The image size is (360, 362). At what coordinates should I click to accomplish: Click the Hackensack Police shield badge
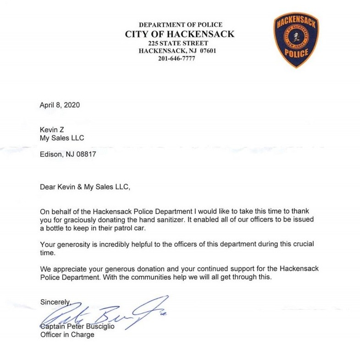pos(296,39)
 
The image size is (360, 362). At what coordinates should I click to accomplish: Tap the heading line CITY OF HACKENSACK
pos(180,34)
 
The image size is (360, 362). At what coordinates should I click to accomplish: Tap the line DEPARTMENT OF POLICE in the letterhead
pos(180,25)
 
